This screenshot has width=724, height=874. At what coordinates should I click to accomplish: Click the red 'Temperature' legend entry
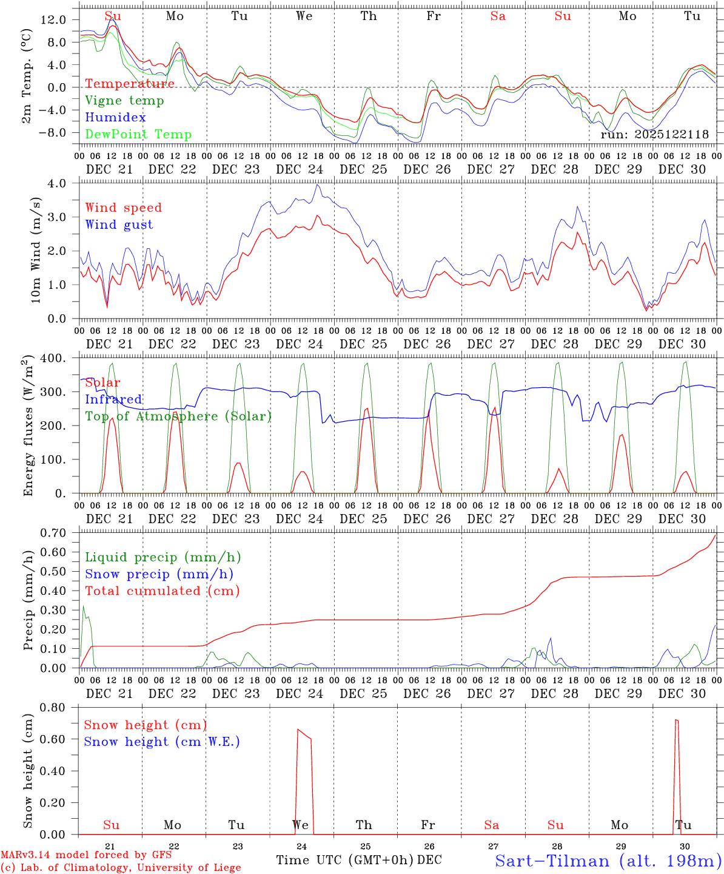[129, 84]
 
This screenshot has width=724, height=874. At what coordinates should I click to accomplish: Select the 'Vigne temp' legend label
[124, 101]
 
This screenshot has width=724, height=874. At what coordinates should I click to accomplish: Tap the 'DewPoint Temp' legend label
[138, 135]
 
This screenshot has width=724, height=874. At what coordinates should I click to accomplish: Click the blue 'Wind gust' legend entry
[119, 225]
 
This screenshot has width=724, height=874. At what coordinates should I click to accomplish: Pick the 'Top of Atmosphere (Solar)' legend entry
[178, 416]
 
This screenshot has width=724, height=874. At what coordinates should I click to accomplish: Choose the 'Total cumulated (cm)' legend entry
[162, 591]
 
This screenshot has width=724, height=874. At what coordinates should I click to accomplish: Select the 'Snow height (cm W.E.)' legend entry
[161, 742]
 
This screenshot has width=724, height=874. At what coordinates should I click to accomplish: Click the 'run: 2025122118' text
[654, 135]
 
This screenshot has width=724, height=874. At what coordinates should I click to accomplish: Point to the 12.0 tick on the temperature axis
[54, 19]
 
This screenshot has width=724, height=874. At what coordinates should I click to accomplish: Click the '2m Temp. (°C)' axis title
[27, 75]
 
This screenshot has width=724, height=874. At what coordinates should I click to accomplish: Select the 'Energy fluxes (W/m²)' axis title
[28, 427]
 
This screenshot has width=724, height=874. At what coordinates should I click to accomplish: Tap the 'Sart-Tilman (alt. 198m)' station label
[608, 861]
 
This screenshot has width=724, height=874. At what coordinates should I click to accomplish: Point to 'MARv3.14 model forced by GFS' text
[86, 855]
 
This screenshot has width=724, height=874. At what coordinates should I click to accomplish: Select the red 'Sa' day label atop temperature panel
[498, 16]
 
